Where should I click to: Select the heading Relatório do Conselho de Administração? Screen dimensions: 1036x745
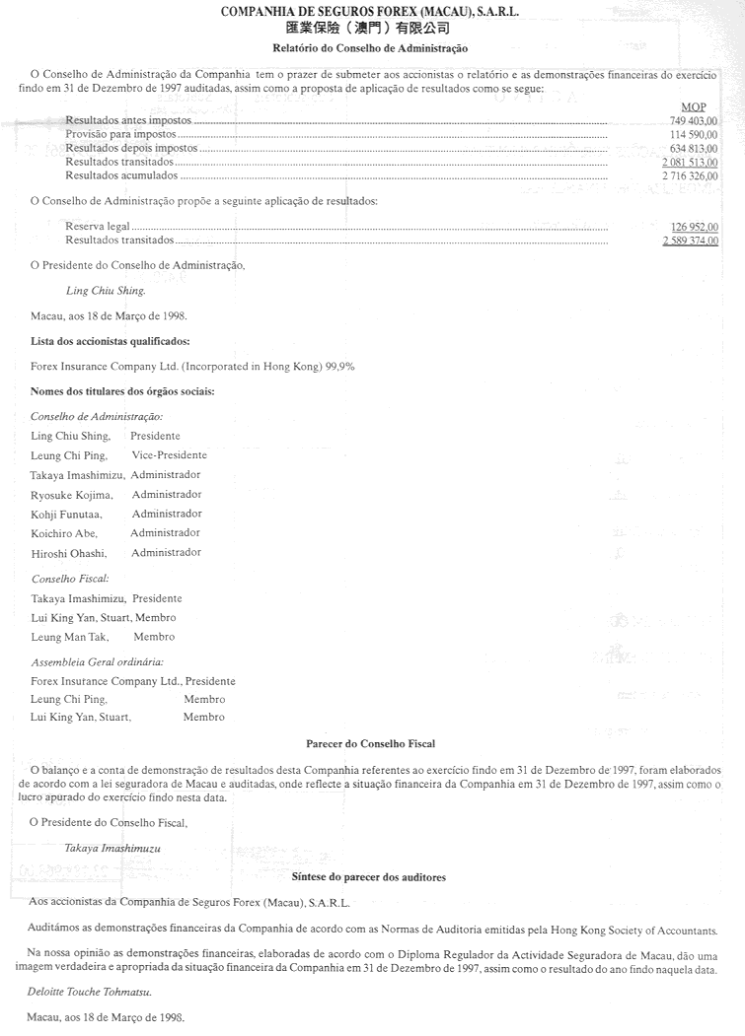(x=370, y=47)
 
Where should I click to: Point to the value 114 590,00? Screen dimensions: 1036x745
(x=694, y=133)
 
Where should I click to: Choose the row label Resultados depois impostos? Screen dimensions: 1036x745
(x=131, y=148)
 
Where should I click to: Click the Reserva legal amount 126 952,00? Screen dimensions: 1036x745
(x=694, y=227)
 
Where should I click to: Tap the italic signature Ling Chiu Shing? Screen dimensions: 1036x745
(x=105, y=291)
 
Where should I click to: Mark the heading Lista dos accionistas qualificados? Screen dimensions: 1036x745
(x=111, y=341)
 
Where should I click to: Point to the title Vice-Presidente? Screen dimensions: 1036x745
(x=169, y=455)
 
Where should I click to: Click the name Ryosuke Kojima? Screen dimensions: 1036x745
(x=72, y=494)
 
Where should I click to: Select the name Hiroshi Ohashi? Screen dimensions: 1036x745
(x=68, y=553)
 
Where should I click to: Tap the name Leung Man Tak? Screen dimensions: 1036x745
(x=68, y=637)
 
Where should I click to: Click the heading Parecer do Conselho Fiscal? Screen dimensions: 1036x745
(x=371, y=743)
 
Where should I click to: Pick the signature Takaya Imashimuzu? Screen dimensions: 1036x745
(x=112, y=847)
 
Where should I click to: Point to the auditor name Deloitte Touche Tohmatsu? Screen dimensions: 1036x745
(x=97, y=991)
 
